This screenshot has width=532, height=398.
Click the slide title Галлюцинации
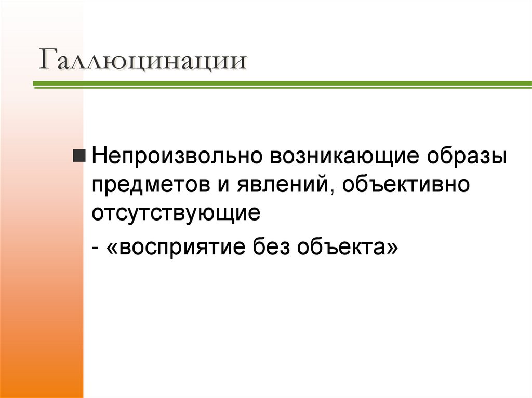point(141,61)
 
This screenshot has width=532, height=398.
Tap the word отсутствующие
point(176,213)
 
